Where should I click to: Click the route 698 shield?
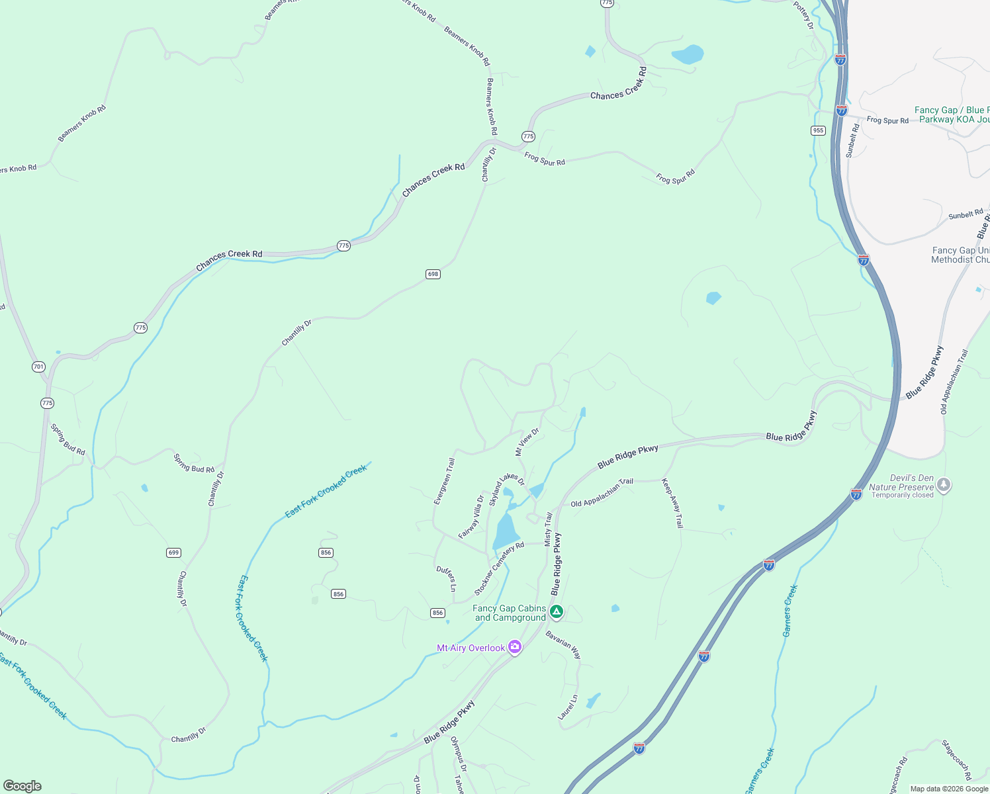pyautogui.click(x=433, y=274)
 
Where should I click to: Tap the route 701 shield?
pyautogui.click(x=38, y=367)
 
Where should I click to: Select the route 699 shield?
pyautogui.click(x=173, y=552)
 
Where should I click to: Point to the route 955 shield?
pyautogui.click(x=818, y=130)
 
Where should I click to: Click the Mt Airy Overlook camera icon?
pyautogui.click(x=515, y=648)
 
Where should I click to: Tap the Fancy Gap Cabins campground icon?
pyautogui.click(x=557, y=612)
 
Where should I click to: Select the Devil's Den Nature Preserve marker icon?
pyautogui.click(x=944, y=485)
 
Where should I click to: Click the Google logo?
pyautogui.click(x=22, y=785)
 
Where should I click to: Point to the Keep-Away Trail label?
pyautogui.click(x=672, y=503)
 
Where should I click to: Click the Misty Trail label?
pyautogui.click(x=548, y=529)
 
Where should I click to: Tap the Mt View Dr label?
pyautogui.click(x=527, y=441)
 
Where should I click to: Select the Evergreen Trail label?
pyautogui.click(x=444, y=482)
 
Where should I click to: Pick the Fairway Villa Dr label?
pyautogui.click(x=471, y=517)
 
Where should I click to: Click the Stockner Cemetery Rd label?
pyautogui.click(x=499, y=568)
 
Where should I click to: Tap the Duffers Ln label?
pyautogui.click(x=447, y=578)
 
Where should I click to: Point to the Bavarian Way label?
pyautogui.click(x=563, y=644)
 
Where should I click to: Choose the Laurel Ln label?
pyautogui.click(x=568, y=707)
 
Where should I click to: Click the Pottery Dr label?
pyautogui.click(x=803, y=15)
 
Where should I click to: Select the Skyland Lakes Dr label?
pyautogui.click(x=506, y=488)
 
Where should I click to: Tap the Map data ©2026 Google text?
pyautogui.click(x=949, y=789)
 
